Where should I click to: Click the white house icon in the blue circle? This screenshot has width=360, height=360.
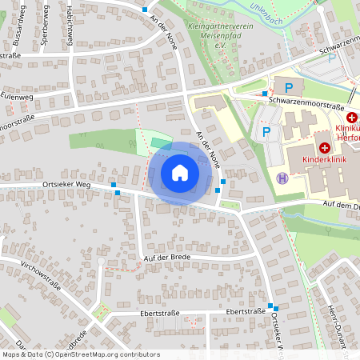(x=180, y=173)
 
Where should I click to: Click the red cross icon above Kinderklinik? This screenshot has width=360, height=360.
(x=325, y=147)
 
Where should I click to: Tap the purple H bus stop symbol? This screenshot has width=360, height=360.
(x=281, y=178)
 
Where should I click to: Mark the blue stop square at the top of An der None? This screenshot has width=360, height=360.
(x=145, y=9)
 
